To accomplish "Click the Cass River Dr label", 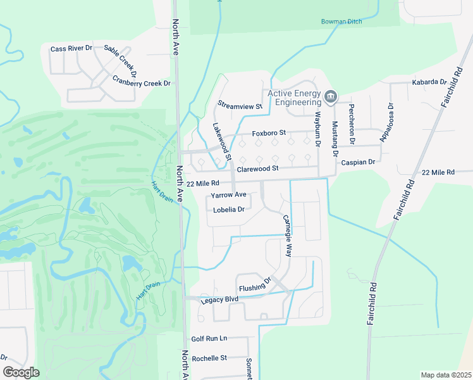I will click(x=71, y=49).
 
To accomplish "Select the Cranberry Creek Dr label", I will click(x=142, y=82).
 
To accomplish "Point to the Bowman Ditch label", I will click(x=341, y=22).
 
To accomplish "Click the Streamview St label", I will click(x=240, y=106).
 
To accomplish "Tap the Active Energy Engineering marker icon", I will click(x=329, y=97).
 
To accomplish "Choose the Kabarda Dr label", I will click(x=429, y=82).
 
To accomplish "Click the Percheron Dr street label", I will click(x=352, y=123).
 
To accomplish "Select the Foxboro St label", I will click(x=269, y=133).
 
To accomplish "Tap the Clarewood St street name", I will click(x=257, y=169).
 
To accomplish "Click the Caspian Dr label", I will click(x=358, y=162).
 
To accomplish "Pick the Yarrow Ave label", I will click(x=228, y=195).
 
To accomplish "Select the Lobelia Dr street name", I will click(x=229, y=210).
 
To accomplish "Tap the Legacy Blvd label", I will click(x=219, y=300).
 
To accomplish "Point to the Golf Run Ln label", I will click(x=209, y=339).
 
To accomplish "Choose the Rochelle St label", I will click(x=209, y=358).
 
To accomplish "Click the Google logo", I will click(x=21, y=372).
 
